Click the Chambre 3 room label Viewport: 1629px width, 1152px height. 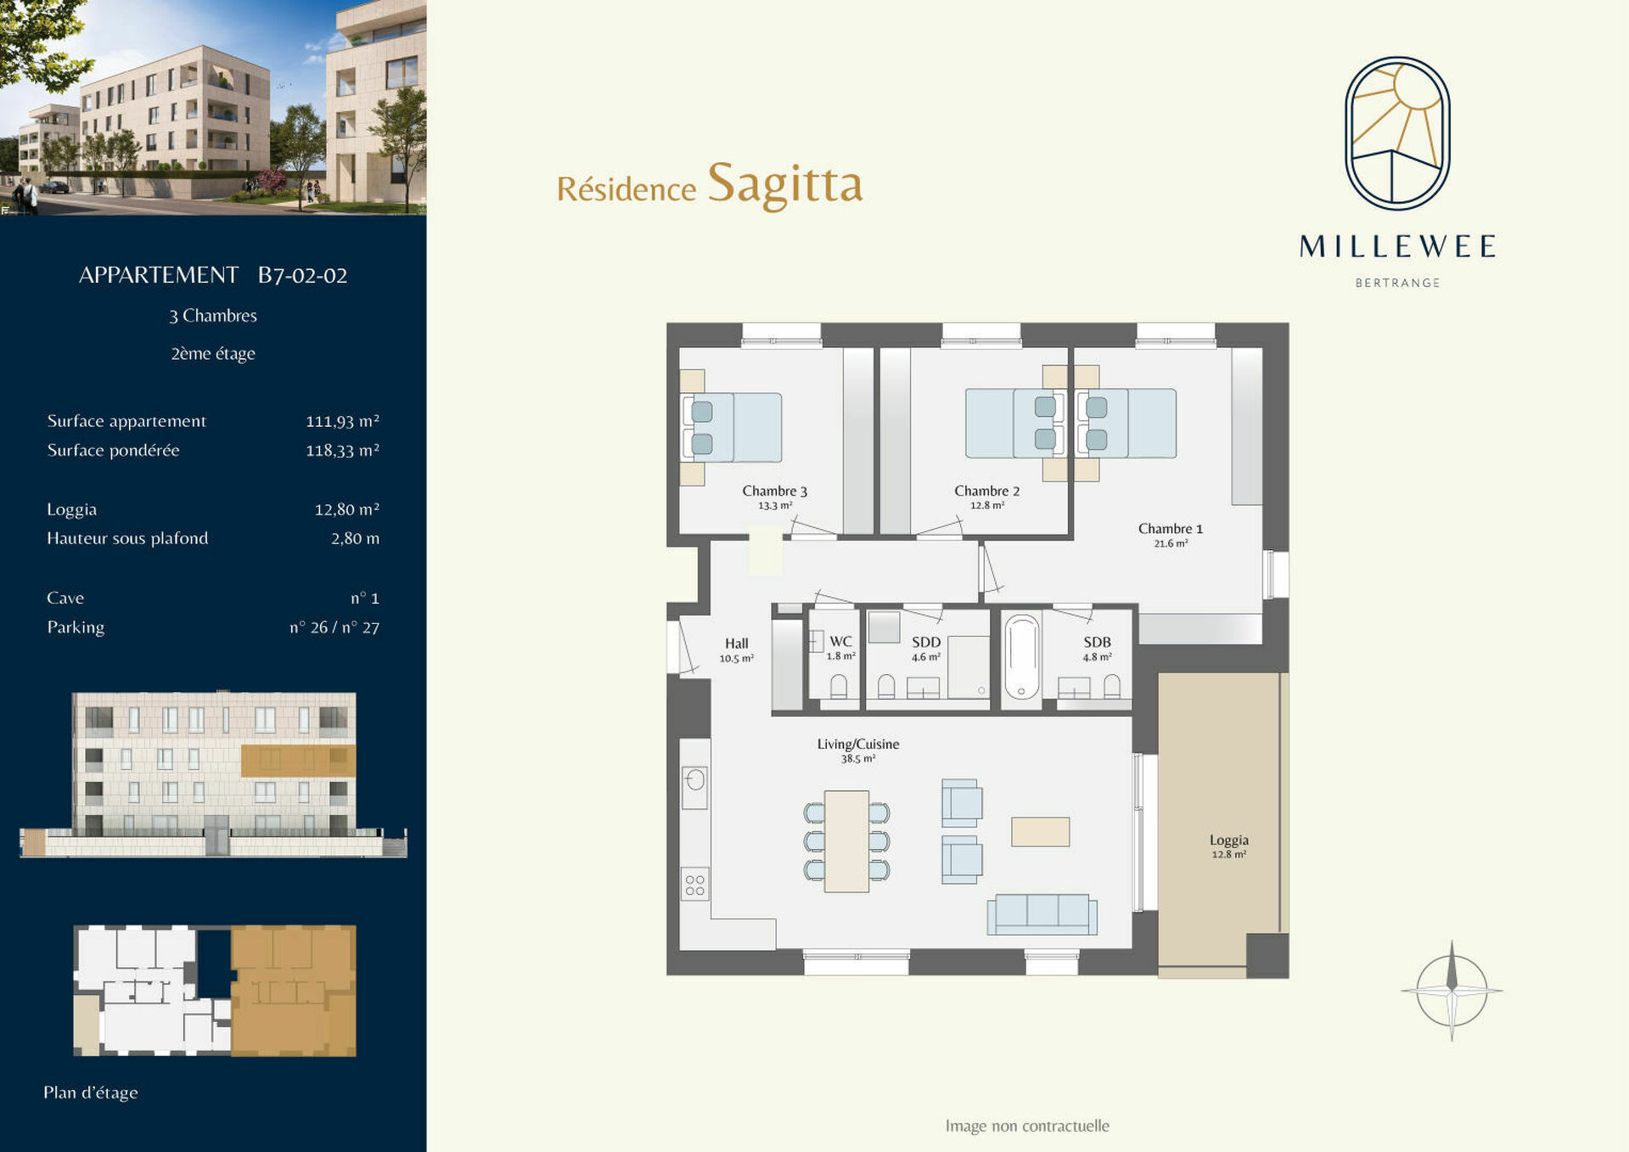pos(774,491)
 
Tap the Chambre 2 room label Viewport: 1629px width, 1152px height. pos(986,491)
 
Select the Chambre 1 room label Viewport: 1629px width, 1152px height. pos(1170,528)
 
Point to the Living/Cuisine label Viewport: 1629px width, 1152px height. pos(857,744)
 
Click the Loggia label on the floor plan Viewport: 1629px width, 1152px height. pos(1228,840)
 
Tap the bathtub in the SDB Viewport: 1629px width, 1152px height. pos(1021,657)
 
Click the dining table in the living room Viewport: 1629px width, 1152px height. pos(846,841)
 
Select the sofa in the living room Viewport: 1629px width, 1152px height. pos(1042,914)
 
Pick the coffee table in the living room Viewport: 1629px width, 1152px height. pos(1040,832)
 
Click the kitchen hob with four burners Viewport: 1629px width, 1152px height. pos(694,885)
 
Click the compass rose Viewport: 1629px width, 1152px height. pos(1452,990)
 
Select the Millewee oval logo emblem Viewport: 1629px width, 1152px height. pos(1396,133)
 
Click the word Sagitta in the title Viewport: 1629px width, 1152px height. pos(784,184)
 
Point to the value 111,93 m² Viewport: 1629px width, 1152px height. pos(342,421)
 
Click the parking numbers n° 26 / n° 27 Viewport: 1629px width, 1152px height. pos(334,627)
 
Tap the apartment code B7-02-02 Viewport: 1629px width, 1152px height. pos(302,275)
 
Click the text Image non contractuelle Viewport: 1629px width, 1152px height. pos(1027,1126)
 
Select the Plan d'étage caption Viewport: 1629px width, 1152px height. pos(90,1093)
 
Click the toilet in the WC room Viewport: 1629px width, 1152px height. pos(839,686)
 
